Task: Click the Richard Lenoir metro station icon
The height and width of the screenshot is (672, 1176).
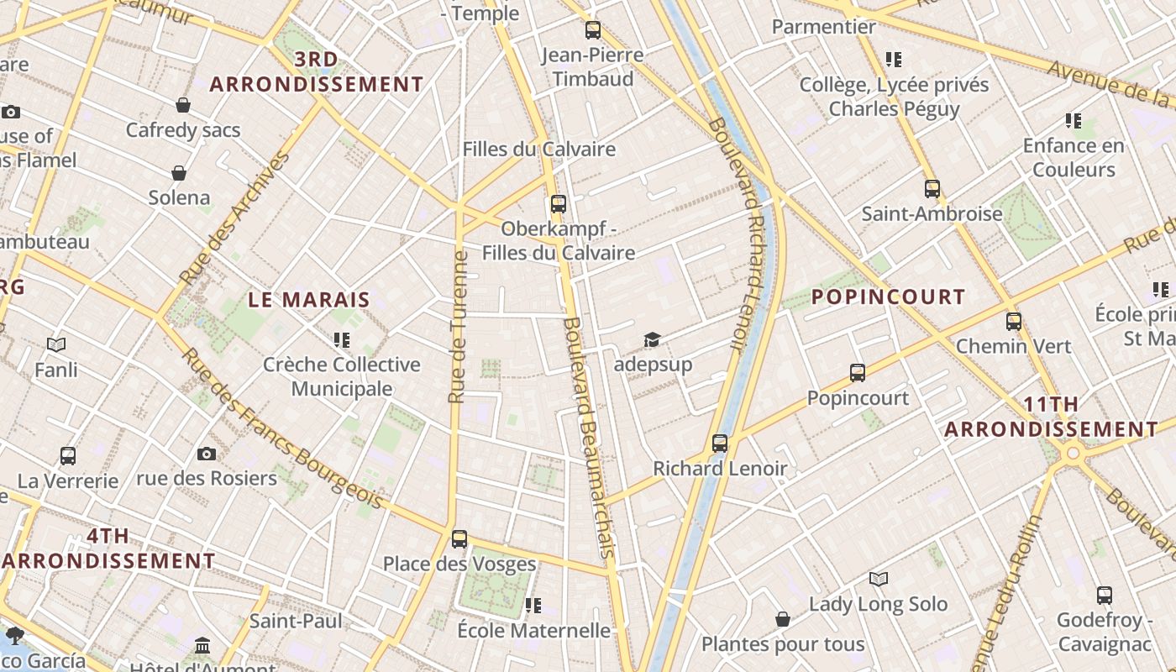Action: point(720,444)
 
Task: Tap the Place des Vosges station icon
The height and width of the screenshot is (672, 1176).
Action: point(459,539)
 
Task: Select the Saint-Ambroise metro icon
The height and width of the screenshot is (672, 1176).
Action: point(932,189)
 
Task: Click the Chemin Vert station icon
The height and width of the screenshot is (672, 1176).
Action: point(1014,321)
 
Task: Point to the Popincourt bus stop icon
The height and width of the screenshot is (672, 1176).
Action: point(858,373)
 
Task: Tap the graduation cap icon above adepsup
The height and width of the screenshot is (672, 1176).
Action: point(653,339)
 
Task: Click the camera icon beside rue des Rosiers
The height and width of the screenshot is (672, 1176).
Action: point(207,454)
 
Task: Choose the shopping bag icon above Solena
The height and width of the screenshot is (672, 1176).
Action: point(179,173)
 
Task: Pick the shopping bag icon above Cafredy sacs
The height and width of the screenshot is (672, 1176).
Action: point(183,105)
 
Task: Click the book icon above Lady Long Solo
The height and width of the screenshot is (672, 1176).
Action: point(879,579)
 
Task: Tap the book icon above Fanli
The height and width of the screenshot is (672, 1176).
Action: point(56,344)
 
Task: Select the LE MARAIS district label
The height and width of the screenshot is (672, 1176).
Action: point(309,300)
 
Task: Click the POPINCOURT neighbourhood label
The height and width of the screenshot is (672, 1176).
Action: point(888,297)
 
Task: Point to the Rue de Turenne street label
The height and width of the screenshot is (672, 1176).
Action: point(459,326)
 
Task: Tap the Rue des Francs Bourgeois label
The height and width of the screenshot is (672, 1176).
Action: point(281,429)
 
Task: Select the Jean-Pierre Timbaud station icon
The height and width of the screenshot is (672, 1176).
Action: point(593,30)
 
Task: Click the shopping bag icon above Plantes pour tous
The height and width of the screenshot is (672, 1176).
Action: point(783,619)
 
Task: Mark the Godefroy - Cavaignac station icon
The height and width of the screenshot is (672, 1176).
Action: point(1105,596)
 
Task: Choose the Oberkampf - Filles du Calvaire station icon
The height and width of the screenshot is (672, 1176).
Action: point(559,204)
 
